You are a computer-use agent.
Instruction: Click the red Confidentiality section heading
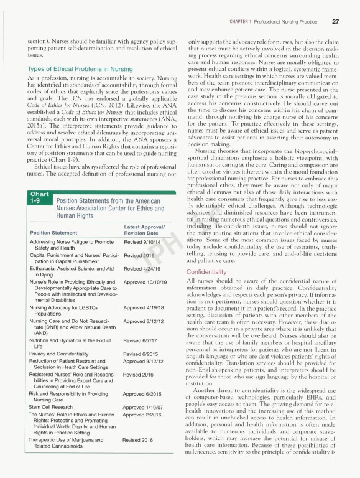209,272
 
